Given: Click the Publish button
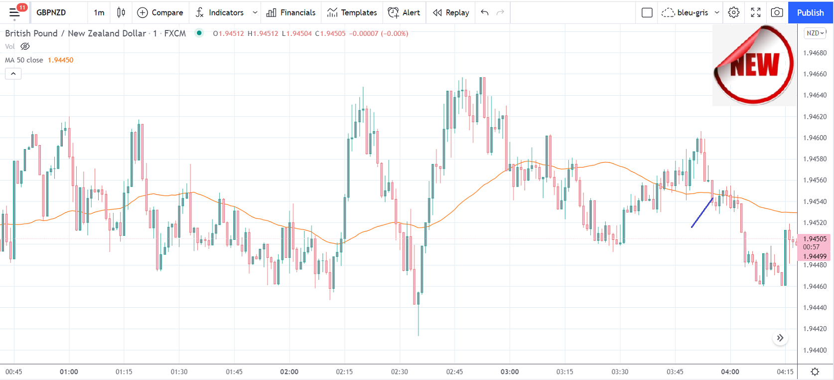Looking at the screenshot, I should [810, 12].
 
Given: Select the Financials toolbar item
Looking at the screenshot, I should [291, 12].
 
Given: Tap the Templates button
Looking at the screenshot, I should [352, 12].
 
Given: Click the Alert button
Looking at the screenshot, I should [404, 12].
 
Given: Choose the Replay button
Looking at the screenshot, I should [451, 12].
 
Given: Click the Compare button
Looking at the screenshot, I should [160, 12].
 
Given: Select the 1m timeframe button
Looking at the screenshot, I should [99, 12].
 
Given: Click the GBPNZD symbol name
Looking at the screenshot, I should [51, 12].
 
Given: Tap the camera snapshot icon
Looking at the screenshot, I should [777, 12].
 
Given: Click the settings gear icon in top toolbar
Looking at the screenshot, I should [733, 12].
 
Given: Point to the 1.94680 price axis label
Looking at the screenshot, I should [815, 53].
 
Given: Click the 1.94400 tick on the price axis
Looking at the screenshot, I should [815, 350].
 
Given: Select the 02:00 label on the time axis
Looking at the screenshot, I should [289, 372].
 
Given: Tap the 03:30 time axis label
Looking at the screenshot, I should [620, 372].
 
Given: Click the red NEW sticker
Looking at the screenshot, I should [754, 65].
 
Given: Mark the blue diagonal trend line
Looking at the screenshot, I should [702, 213].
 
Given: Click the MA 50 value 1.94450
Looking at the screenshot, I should [60, 60].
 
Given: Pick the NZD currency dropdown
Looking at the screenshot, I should [815, 33].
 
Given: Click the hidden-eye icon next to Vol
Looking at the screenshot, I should [25, 46].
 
